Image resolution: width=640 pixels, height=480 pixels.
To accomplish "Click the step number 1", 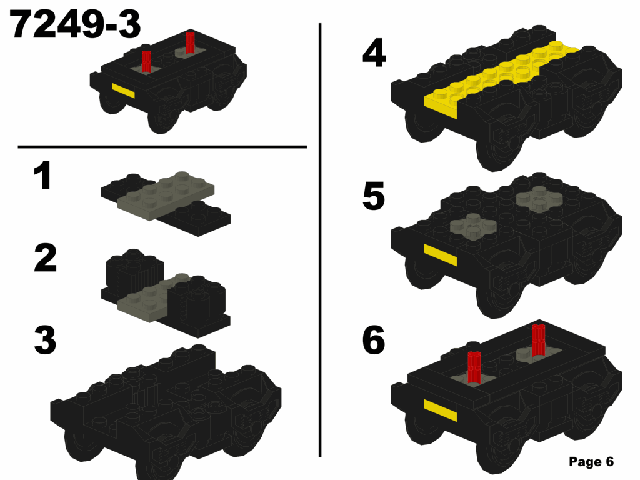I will [42, 176].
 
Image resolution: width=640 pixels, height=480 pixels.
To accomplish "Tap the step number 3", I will [45, 341].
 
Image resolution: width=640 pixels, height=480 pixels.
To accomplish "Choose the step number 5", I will [374, 197].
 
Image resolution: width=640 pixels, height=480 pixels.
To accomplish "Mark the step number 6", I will [374, 341].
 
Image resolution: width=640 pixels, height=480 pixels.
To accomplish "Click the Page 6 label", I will [591, 462].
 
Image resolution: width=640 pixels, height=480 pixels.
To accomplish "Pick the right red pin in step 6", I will [538, 341].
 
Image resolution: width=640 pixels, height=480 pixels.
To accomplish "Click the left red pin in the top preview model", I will [146, 61].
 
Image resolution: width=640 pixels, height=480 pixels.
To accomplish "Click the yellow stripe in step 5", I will [440, 254].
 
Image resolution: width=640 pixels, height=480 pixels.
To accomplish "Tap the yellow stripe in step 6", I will [440, 411].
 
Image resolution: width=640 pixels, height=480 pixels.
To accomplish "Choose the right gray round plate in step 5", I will [538, 199].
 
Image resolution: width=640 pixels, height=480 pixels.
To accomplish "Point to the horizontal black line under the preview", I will [162, 147].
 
